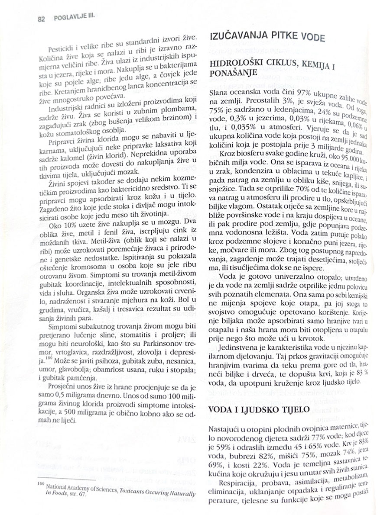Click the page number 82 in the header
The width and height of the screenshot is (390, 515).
coord(42,19)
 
